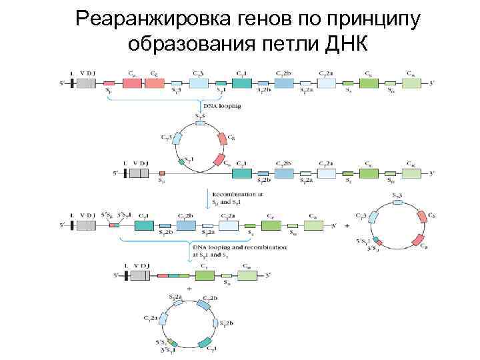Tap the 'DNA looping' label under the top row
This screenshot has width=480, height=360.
(221, 105)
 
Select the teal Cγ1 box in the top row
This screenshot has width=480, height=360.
(242, 83)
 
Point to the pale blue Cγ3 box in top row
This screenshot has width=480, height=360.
(199, 83)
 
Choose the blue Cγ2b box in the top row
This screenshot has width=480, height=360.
(284, 83)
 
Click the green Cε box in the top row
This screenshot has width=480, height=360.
(369, 83)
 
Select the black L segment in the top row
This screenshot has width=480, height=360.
(72, 83)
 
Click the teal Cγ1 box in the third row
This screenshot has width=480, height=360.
(144, 226)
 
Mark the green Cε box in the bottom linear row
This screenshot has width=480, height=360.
(204, 275)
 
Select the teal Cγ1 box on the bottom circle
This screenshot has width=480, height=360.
(205, 345)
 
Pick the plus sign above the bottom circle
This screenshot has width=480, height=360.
(190, 289)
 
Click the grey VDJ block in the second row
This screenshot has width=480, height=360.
(139, 173)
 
